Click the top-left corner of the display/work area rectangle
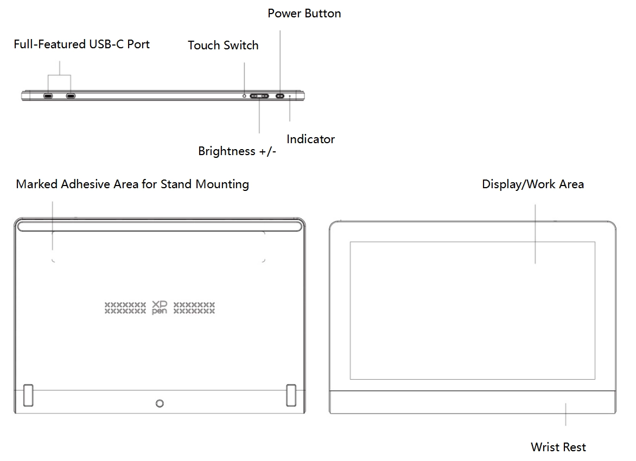(351, 242)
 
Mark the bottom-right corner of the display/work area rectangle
(595, 380)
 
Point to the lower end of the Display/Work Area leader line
(535, 264)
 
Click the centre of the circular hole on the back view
(160, 404)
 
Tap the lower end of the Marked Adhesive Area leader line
(52, 250)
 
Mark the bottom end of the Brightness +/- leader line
(259, 133)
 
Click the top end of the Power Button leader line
(280, 30)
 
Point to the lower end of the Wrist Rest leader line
(565, 425)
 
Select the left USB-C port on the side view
(48, 96)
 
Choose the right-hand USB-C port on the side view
(71, 96)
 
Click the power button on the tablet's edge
(280, 96)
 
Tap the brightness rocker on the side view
(259, 96)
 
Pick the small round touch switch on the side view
(244, 96)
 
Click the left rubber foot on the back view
(28, 395)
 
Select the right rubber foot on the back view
(291, 395)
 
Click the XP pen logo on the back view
(160, 308)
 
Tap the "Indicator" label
(311, 139)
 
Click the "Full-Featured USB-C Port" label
(81, 44)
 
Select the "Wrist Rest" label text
(558, 447)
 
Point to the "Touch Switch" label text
(223, 45)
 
